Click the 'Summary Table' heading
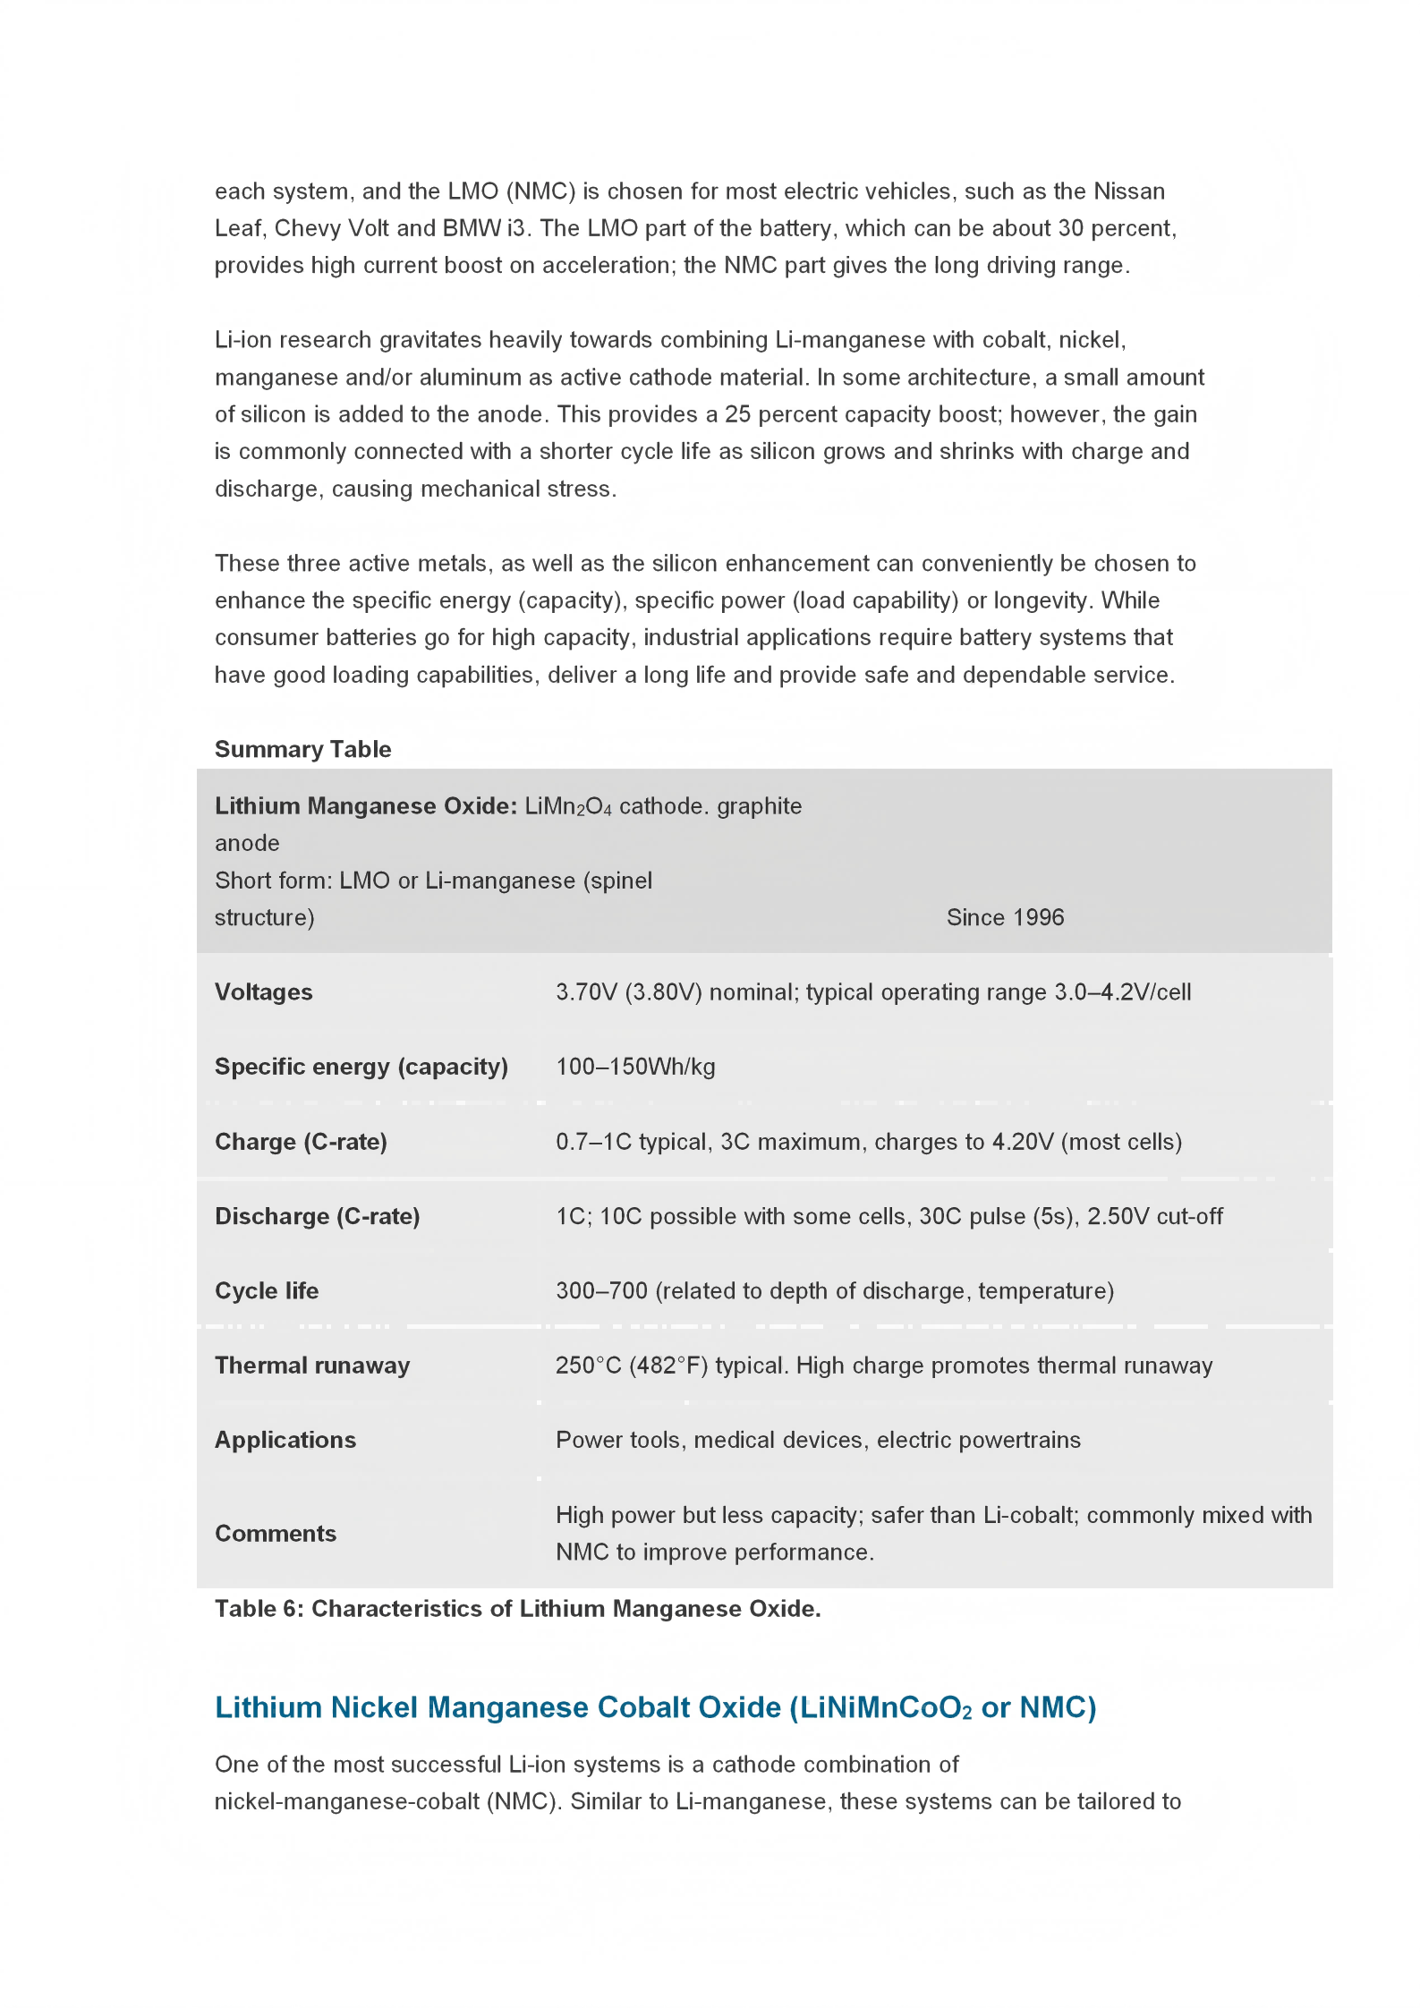302,749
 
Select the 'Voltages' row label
263,991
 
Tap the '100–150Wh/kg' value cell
635,1067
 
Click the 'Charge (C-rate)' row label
301,1142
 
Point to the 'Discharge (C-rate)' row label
317,1216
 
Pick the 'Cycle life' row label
267,1290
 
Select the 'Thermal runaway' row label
312,1365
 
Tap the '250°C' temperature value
588,1366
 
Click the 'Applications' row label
285,1440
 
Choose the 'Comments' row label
276,1534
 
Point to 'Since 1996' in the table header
1005,917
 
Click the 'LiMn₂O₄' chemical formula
568,806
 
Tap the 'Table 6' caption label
259,1609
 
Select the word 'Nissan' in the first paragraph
1129,191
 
